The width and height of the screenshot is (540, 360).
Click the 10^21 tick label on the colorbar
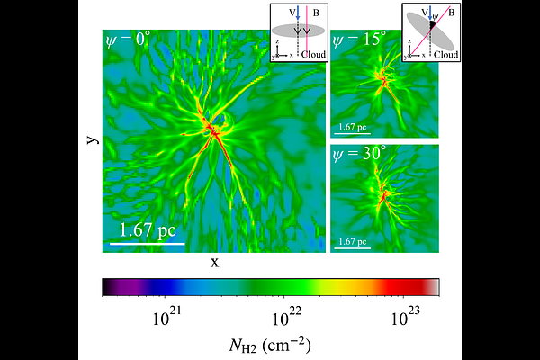click(169, 316)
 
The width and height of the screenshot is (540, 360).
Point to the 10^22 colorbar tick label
click(286, 316)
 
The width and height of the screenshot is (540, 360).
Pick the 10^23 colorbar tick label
click(403, 316)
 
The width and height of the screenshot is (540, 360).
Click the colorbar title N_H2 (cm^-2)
click(271, 343)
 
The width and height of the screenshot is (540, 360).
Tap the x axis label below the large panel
click(214, 262)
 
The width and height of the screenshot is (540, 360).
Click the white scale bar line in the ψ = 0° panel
click(147, 243)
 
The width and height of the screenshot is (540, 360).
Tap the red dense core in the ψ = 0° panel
click(215, 133)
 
